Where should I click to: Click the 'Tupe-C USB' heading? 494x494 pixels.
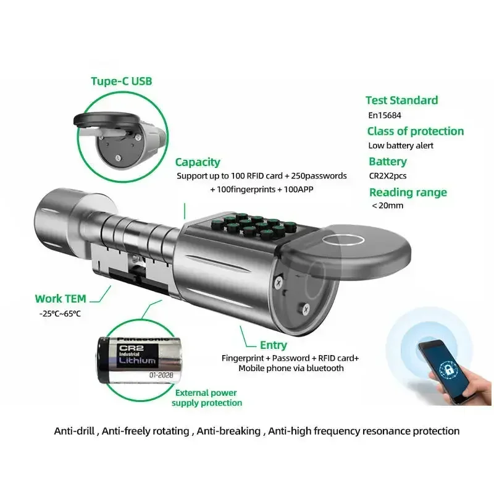pyautogui.click(x=121, y=81)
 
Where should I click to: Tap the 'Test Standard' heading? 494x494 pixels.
pyautogui.click(x=401, y=100)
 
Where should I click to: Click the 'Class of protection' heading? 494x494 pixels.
pyautogui.click(x=415, y=131)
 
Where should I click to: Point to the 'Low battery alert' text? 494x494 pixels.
pyautogui.click(x=400, y=146)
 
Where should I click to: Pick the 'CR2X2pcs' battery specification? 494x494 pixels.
pyautogui.click(x=388, y=176)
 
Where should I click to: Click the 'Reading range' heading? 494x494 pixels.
pyautogui.click(x=408, y=192)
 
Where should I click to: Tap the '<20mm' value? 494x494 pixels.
pyautogui.click(x=387, y=206)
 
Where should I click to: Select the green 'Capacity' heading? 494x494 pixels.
pyautogui.click(x=198, y=162)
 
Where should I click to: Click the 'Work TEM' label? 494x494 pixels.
pyautogui.click(x=60, y=298)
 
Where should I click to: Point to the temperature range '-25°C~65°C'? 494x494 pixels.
pyautogui.click(x=60, y=314)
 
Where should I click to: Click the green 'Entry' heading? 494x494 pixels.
pyautogui.click(x=273, y=345)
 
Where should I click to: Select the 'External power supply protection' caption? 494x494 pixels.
pyautogui.click(x=206, y=398)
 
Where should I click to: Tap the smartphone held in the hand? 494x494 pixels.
pyautogui.click(x=443, y=371)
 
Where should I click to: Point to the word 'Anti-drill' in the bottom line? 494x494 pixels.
pyautogui.click(x=75, y=430)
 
